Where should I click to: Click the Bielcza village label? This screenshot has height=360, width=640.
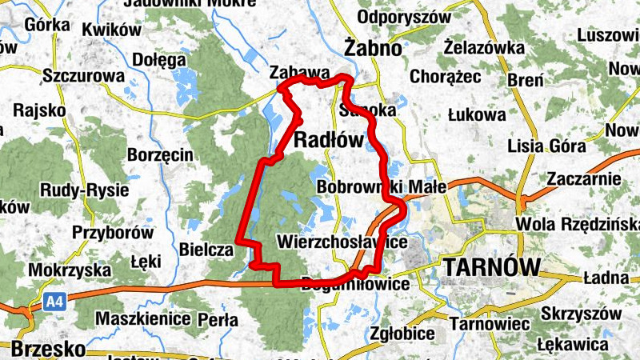(206, 250)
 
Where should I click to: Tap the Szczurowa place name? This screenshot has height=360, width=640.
(84, 76)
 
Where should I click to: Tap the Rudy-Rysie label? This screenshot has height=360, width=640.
(80, 190)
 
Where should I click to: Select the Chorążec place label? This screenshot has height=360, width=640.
(444, 77)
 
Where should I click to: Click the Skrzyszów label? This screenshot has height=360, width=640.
(580, 312)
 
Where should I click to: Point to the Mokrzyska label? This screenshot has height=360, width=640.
(63, 270)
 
